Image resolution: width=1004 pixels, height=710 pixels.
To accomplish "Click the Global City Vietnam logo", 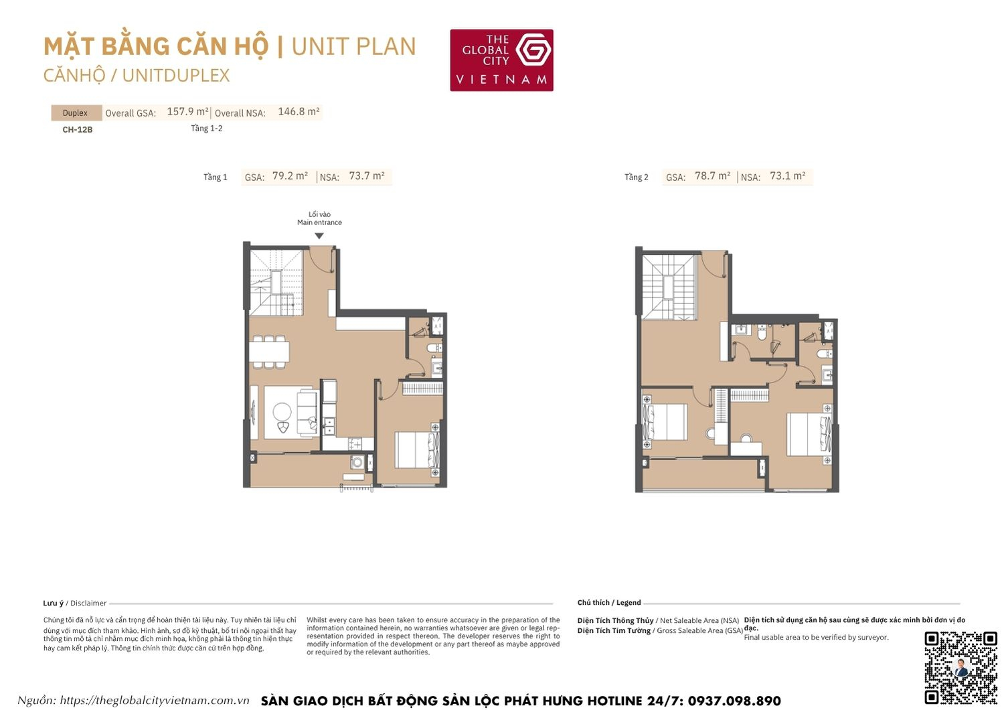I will coord(501,60).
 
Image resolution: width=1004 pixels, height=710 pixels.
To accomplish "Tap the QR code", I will coord(960,667).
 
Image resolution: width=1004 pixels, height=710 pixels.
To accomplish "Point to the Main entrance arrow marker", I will coord(319,236).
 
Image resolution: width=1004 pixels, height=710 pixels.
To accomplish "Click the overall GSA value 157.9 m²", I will coord(187,112).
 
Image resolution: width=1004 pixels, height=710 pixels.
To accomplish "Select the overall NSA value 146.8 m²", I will coord(299,112).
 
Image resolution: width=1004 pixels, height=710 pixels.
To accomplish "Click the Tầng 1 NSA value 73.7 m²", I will coord(367,176).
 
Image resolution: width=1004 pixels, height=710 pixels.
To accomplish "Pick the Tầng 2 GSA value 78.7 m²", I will coord(712,176).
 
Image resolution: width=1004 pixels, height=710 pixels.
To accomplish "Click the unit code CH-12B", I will coord(78,129).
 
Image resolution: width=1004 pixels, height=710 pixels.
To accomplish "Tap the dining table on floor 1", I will coord(269,352).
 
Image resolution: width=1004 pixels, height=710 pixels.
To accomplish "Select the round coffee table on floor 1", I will coord(282,411).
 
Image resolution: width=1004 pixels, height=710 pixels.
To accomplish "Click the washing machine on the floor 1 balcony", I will coord(357,461).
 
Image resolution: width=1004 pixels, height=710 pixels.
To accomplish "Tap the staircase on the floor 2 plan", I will coord(668,286).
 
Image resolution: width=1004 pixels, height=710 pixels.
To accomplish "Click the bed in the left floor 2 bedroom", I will coord(665,422).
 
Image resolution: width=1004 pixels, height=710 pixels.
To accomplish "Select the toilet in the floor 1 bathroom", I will coord(433,347).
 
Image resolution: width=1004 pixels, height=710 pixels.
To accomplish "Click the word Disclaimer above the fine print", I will coord(88,603).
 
